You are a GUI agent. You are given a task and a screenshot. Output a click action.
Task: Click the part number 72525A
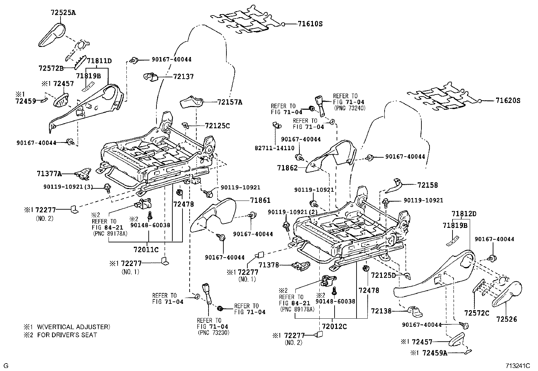click(x=63, y=13)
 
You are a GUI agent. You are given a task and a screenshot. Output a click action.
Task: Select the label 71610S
click(x=310, y=24)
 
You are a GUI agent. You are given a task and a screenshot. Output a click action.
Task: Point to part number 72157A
click(x=230, y=102)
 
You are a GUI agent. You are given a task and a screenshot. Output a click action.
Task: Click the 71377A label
click(x=49, y=174)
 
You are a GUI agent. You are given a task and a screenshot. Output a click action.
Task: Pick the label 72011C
click(x=146, y=250)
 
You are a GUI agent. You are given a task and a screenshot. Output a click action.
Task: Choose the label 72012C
click(x=334, y=326)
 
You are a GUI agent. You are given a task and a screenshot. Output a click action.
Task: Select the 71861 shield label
click(x=260, y=201)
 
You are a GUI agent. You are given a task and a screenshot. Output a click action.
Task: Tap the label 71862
click(x=287, y=167)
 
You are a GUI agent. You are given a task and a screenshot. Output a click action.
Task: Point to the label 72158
click(x=427, y=185)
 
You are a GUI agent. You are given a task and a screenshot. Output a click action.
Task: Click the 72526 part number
click(x=507, y=319)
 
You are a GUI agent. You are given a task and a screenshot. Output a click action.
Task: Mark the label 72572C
click(x=476, y=313)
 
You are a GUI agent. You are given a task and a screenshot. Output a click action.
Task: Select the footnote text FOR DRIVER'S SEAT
click(x=67, y=335)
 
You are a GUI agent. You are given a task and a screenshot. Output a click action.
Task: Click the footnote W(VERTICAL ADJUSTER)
click(x=73, y=327)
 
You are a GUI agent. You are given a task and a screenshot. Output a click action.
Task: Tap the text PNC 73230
click(x=213, y=333)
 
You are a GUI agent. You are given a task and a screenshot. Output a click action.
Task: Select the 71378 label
click(x=269, y=265)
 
